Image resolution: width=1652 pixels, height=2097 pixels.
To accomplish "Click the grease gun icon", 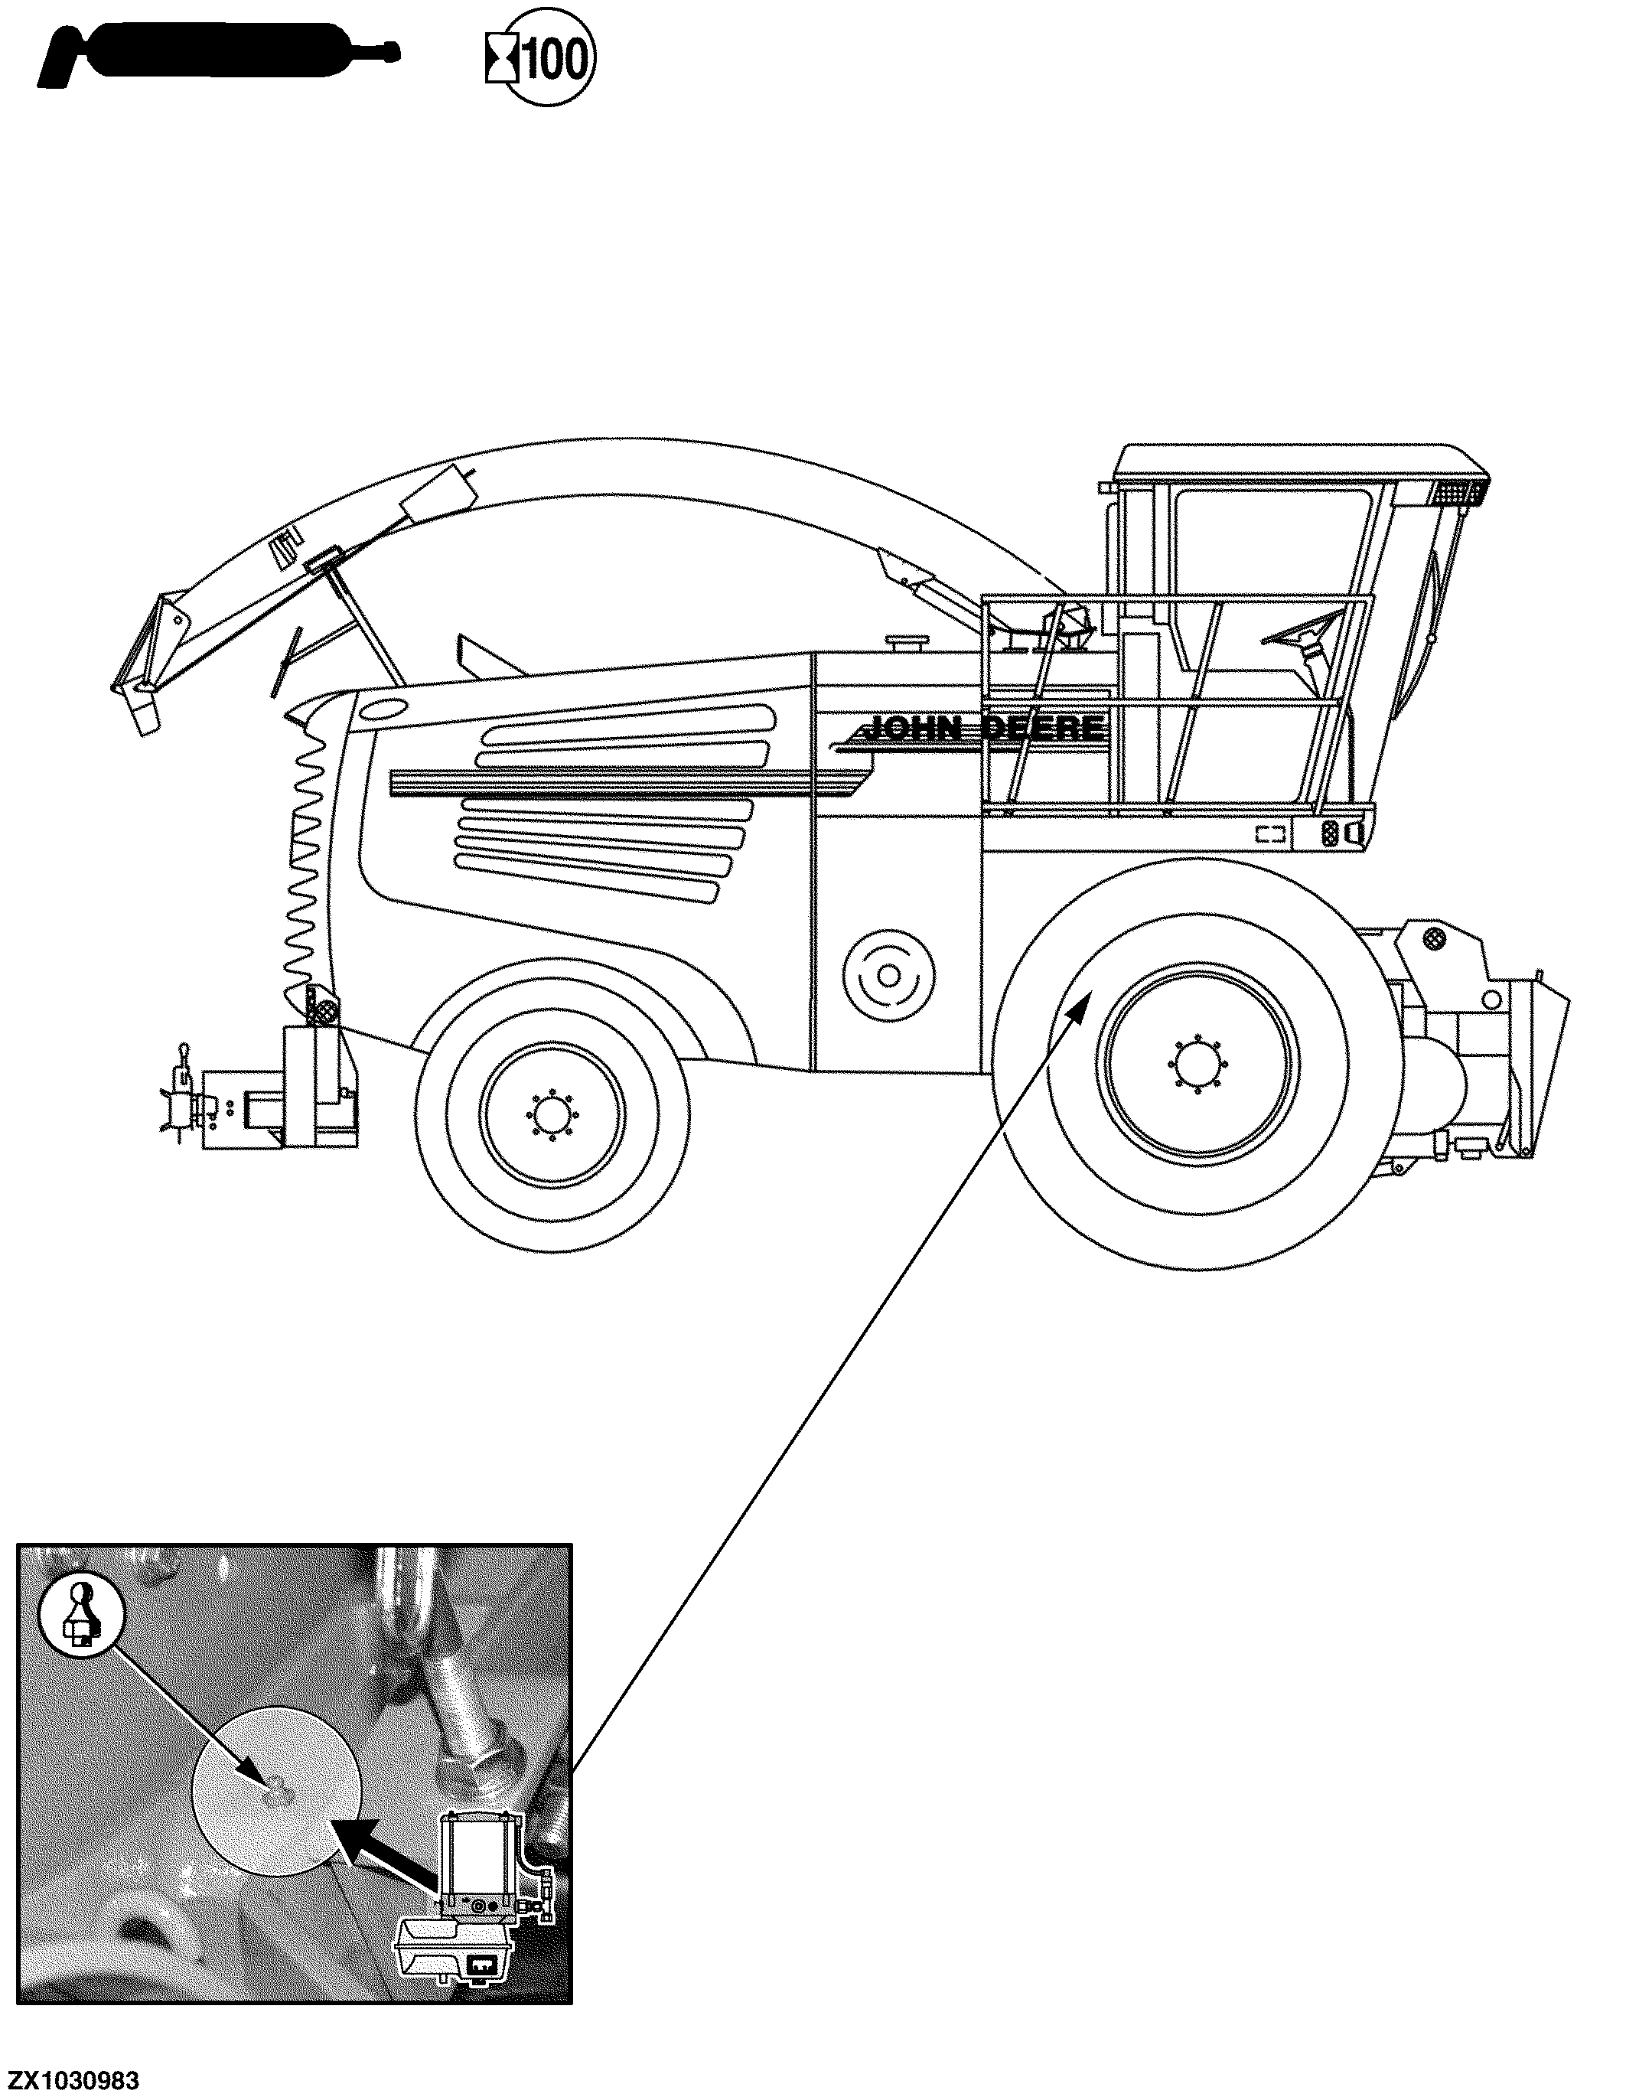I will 217,59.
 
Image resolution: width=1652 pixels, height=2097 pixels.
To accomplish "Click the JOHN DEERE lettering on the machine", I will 982,727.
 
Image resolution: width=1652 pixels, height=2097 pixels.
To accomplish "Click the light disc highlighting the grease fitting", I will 279,1789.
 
